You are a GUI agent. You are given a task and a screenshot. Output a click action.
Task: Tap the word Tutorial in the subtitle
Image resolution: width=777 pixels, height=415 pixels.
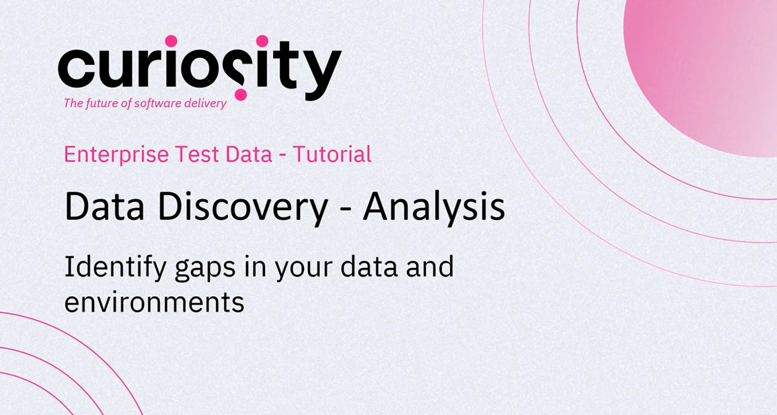click(332, 154)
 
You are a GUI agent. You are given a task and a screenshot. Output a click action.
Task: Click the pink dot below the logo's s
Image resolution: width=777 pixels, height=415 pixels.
click(241, 95)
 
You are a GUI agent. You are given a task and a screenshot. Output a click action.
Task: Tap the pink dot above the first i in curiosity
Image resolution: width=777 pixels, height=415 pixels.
click(171, 41)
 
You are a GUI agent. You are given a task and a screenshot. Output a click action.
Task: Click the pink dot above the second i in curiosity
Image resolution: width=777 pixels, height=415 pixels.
click(262, 41)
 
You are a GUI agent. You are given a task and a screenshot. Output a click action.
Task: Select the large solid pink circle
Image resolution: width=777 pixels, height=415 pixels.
click(700, 78)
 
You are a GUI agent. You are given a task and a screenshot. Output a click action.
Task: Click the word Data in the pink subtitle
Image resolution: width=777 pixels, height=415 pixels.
click(249, 154)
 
